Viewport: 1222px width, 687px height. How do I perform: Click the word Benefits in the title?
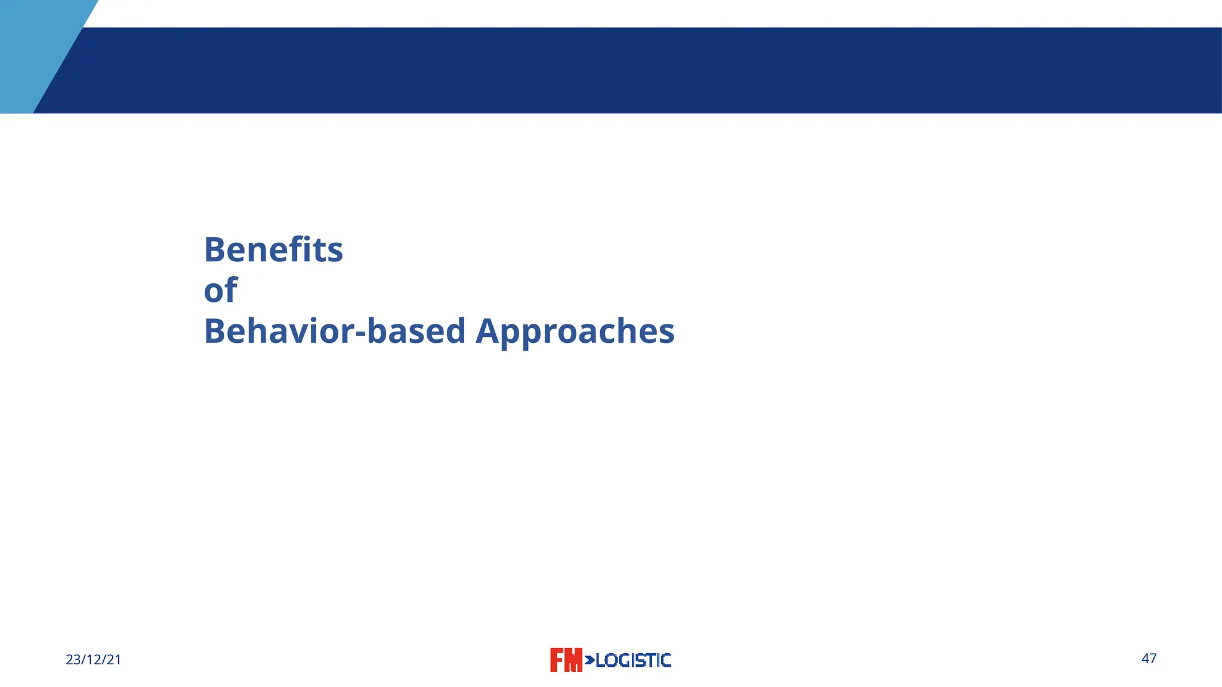[273, 250]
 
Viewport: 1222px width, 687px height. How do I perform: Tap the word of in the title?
[220, 290]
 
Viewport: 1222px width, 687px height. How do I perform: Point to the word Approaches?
[575, 332]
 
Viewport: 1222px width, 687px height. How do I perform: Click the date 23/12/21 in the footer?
[93, 660]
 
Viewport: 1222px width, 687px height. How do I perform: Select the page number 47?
[1149, 658]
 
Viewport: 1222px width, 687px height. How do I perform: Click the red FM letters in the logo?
[565, 660]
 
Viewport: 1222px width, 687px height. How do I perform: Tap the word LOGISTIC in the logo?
[633, 660]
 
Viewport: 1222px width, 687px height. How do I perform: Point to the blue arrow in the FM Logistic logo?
[589, 660]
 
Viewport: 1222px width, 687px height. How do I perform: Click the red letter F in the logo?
[557, 660]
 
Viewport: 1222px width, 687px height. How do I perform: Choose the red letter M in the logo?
[573, 660]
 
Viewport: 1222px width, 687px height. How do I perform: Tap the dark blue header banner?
[656, 70]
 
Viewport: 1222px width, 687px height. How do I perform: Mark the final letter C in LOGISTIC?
[666, 660]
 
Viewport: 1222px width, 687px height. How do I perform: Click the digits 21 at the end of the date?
[114, 660]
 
